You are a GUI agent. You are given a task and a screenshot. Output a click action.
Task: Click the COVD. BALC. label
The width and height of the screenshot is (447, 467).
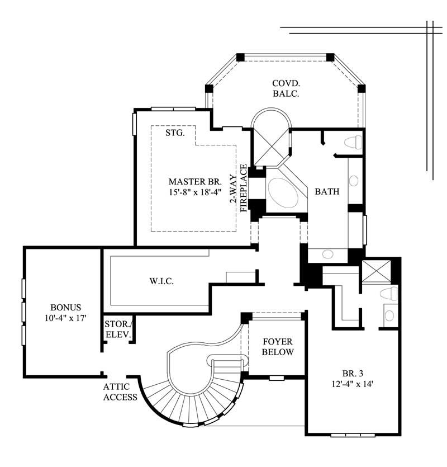[x=286, y=88]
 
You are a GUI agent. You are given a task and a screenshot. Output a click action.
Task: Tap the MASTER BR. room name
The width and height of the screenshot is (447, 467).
[x=195, y=182]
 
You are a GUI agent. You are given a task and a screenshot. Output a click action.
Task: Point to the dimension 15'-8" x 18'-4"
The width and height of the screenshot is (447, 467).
[x=195, y=192]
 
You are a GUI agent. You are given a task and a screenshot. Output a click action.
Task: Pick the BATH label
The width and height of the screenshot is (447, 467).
[x=327, y=192]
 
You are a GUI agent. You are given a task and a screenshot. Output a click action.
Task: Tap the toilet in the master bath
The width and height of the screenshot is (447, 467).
[x=353, y=142]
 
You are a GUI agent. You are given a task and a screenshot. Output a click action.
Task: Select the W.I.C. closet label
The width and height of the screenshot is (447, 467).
[x=161, y=281]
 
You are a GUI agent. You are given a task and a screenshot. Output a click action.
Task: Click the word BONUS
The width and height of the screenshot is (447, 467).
[x=65, y=308]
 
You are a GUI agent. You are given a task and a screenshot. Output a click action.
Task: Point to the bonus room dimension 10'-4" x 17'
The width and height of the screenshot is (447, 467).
[x=65, y=318]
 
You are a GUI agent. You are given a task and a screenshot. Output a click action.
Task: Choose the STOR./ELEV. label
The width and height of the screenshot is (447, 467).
[x=117, y=330]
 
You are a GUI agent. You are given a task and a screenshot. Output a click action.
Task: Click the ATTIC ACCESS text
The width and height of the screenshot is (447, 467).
[x=120, y=392]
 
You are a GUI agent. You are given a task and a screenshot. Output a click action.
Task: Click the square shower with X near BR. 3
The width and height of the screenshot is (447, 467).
[x=375, y=271]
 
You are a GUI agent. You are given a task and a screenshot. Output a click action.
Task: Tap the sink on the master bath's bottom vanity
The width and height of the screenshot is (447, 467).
[x=327, y=254]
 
